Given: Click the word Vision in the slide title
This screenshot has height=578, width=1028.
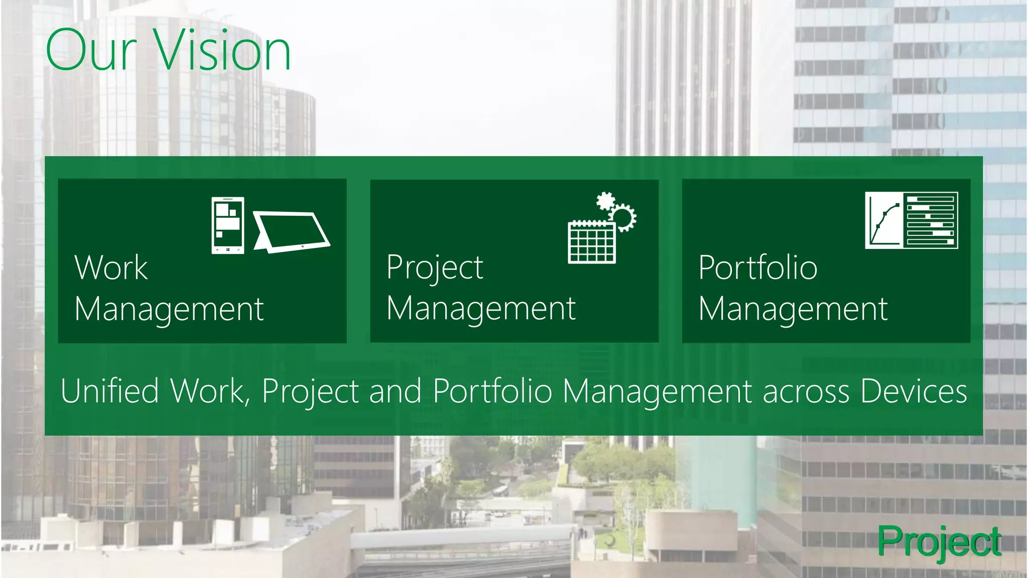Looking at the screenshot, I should tap(222, 50).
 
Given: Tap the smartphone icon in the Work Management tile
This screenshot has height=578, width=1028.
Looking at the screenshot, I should tap(228, 225).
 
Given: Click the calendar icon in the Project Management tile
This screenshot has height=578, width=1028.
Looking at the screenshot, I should tap(591, 242).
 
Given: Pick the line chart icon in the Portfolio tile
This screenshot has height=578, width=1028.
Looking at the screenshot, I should tap(884, 220).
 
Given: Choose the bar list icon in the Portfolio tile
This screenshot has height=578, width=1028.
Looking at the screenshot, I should tap(931, 220).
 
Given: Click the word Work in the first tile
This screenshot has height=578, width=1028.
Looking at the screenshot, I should tap(111, 267).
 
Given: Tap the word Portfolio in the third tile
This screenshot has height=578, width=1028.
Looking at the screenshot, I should tap(757, 267).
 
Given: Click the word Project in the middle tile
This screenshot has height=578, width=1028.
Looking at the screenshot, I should tap(435, 268).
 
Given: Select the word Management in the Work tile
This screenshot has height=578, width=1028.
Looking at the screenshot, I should tap(169, 310).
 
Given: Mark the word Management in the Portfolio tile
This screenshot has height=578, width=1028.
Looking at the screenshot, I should tap(793, 310).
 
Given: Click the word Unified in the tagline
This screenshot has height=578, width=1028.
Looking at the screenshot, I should tap(110, 391).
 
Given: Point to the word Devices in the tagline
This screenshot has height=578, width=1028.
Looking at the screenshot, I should tap(914, 391).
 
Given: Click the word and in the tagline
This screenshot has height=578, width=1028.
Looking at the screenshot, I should tap(395, 391).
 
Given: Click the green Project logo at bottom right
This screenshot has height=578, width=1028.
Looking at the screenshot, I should tap(939, 542).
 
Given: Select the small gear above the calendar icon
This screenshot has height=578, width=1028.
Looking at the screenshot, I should tap(605, 201).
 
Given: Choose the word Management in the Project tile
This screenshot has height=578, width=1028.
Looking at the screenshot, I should tap(481, 309).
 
